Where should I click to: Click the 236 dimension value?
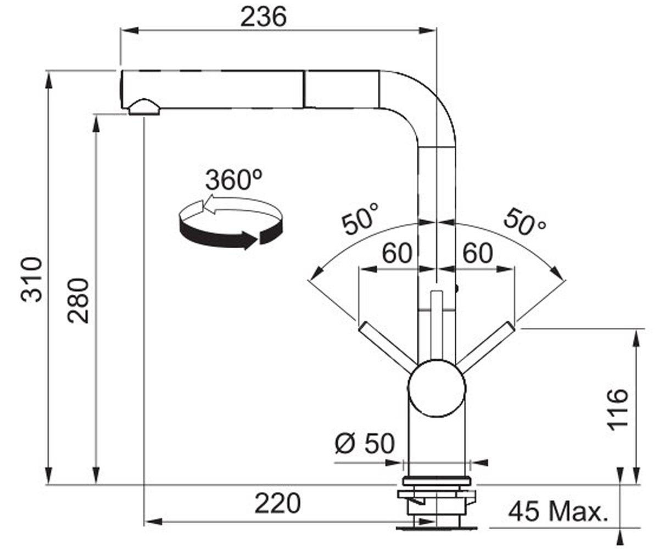click(264, 17)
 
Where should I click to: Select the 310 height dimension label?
click(31, 279)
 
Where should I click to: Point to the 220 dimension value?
click(277, 504)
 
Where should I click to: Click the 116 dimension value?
click(618, 410)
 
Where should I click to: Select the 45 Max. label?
click(558, 512)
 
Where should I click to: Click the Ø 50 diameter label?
click(365, 443)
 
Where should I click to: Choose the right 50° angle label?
click(524, 221)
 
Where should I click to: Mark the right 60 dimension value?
click(478, 253)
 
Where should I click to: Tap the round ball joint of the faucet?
click(436, 388)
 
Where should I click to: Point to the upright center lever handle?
click(437, 326)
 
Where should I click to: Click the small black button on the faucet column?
click(456, 288)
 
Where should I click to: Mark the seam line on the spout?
click(304, 89)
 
